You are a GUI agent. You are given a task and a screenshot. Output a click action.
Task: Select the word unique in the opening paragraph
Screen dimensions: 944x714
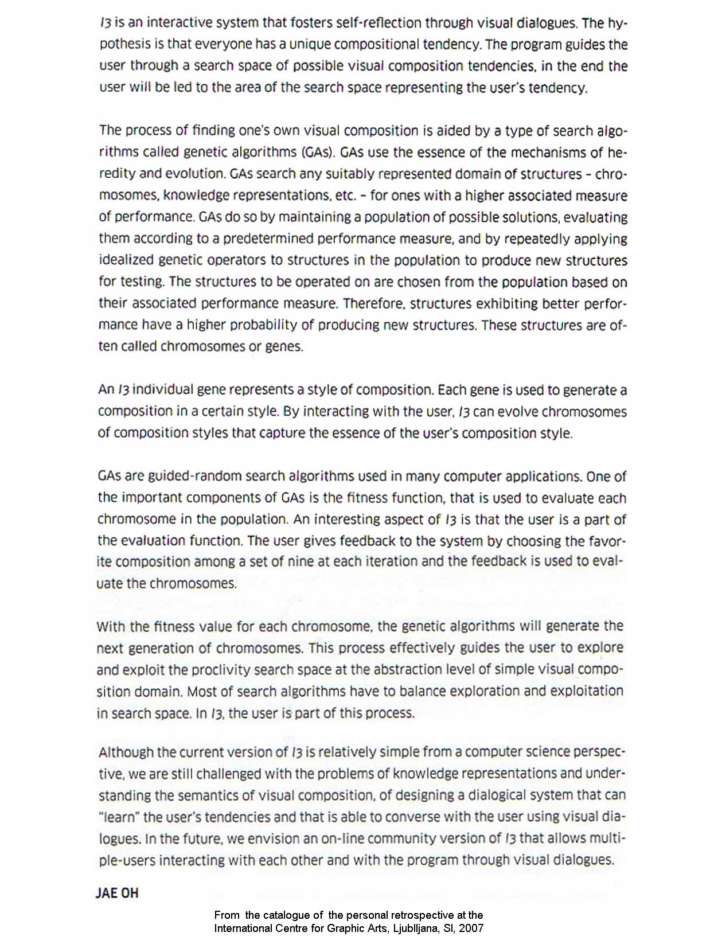tap(311, 45)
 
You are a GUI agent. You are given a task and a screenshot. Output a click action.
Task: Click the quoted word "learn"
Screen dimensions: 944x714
tap(118, 817)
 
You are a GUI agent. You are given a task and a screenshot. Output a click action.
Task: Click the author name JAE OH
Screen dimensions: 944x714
tap(117, 894)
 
